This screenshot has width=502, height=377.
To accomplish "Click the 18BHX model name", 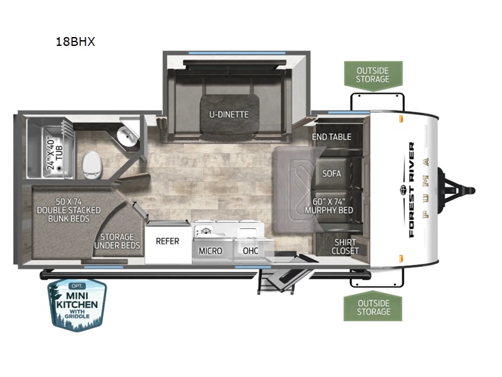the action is click(75, 41).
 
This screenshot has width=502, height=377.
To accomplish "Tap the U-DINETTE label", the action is click(228, 114).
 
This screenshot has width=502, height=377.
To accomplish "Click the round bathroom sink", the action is click(127, 136).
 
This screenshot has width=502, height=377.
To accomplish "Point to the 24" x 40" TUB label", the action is click(55, 154).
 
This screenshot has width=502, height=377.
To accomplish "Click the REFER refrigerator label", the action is click(168, 241).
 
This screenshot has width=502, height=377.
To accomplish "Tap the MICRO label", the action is click(210, 251).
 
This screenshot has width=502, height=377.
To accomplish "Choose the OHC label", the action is click(250, 251).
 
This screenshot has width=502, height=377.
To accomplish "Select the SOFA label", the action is click(331, 174).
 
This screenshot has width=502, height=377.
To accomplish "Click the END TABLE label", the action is click(331, 137).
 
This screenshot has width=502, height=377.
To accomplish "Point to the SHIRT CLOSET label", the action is click(344, 246).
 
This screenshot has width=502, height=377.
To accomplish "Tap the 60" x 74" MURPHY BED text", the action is click(329, 206).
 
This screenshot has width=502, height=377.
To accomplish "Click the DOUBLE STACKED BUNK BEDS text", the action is click(69, 214).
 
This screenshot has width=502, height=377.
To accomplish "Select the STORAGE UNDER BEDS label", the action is click(117, 241).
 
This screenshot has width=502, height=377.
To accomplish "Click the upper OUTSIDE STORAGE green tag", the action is click(373, 75).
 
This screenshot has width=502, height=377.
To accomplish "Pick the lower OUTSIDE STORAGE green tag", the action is click(373, 307).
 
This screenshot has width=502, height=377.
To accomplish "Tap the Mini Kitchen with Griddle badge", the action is click(77, 305).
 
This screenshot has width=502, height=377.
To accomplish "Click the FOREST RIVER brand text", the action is click(411, 190).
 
